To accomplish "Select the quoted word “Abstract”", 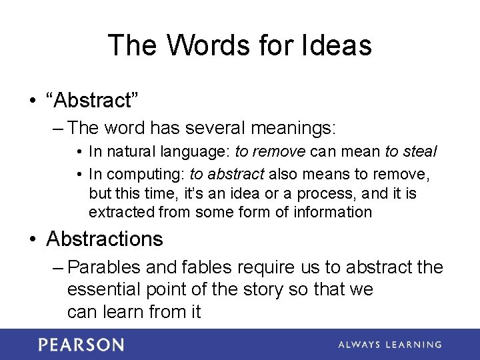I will [93, 100].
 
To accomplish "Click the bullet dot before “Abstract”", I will [31, 101].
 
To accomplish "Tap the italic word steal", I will [419, 152].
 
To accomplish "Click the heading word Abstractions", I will [105, 239].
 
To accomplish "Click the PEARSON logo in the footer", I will [81, 345].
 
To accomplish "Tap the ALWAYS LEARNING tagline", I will [389, 345].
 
